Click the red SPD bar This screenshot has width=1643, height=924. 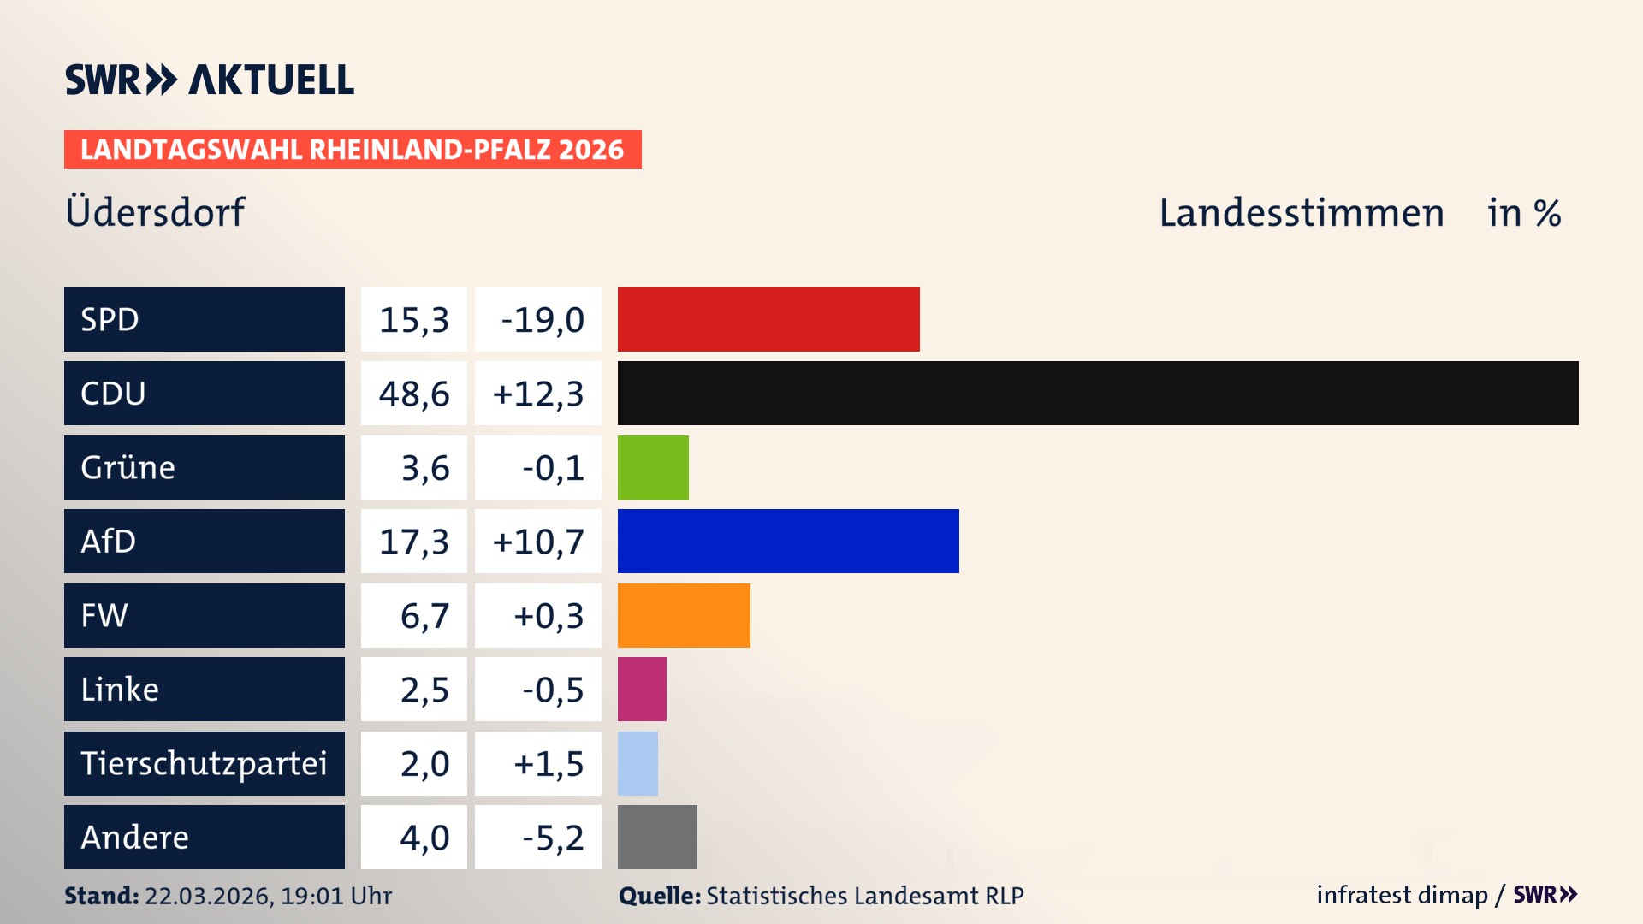pyautogui.click(x=768, y=319)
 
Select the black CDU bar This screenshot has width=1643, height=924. pyautogui.click(x=1098, y=394)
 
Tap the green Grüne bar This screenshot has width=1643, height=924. pyautogui.click(x=653, y=467)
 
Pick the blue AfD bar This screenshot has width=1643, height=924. pyautogui.click(x=788, y=541)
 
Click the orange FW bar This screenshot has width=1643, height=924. pyautogui.click(x=684, y=615)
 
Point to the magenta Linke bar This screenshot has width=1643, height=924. pyautogui.click(x=642, y=689)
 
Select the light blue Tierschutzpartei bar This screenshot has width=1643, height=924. pyautogui.click(x=638, y=763)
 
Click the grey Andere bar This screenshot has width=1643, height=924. pyautogui.click(x=657, y=837)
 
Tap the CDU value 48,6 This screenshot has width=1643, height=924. pyautogui.click(x=414, y=394)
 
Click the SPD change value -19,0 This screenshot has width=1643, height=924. pyautogui.click(x=542, y=320)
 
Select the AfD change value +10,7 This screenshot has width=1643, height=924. pyautogui.click(x=538, y=542)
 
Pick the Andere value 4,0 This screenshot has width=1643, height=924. pyautogui.click(x=424, y=838)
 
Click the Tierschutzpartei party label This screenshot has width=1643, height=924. pyautogui.click(x=204, y=763)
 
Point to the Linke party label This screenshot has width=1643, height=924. pyautogui.click(x=120, y=689)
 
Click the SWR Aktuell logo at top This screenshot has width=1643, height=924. pyautogui.click(x=210, y=80)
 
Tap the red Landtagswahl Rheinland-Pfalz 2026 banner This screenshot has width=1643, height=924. pyautogui.click(x=353, y=150)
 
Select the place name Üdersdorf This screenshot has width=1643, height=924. pyautogui.click(x=155, y=212)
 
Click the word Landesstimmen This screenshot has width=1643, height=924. pyautogui.click(x=1302, y=213)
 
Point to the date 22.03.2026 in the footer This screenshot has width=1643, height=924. pyautogui.click(x=208, y=896)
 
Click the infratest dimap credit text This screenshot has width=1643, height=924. pyautogui.click(x=1402, y=895)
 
